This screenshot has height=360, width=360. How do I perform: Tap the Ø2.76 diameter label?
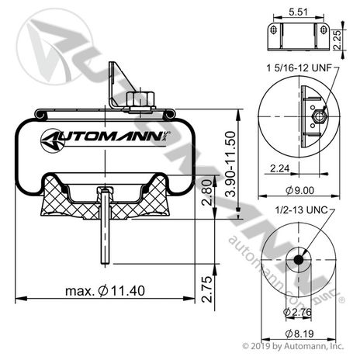point(297,312)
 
